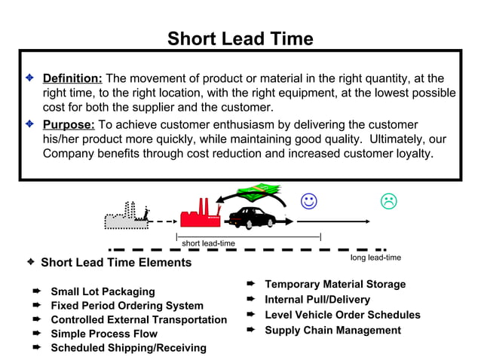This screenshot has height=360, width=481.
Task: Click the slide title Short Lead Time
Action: [240, 38]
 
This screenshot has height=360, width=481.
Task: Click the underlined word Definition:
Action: [72, 78]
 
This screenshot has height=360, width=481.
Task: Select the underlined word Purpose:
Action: [69, 124]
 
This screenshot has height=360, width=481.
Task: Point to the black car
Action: [254, 216]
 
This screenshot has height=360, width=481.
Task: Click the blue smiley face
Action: [308, 201]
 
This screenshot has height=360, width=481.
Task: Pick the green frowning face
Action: [388, 201]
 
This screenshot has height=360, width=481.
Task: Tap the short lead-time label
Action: [208, 243]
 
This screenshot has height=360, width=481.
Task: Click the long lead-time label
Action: [375, 258]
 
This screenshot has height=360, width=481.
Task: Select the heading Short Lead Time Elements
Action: [115, 263]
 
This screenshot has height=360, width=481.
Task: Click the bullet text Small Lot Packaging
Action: [103, 291]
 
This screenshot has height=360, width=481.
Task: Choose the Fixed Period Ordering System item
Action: [127, 306]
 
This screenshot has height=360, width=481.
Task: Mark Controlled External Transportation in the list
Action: [139, 319]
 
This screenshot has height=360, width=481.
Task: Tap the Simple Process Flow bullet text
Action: [104, 334]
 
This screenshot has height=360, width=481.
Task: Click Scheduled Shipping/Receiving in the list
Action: [128, 348]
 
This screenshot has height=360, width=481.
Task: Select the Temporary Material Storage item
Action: [335, 284]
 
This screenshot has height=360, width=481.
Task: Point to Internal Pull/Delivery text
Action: [317, 300]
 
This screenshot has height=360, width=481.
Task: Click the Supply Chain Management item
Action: [332, 330]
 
